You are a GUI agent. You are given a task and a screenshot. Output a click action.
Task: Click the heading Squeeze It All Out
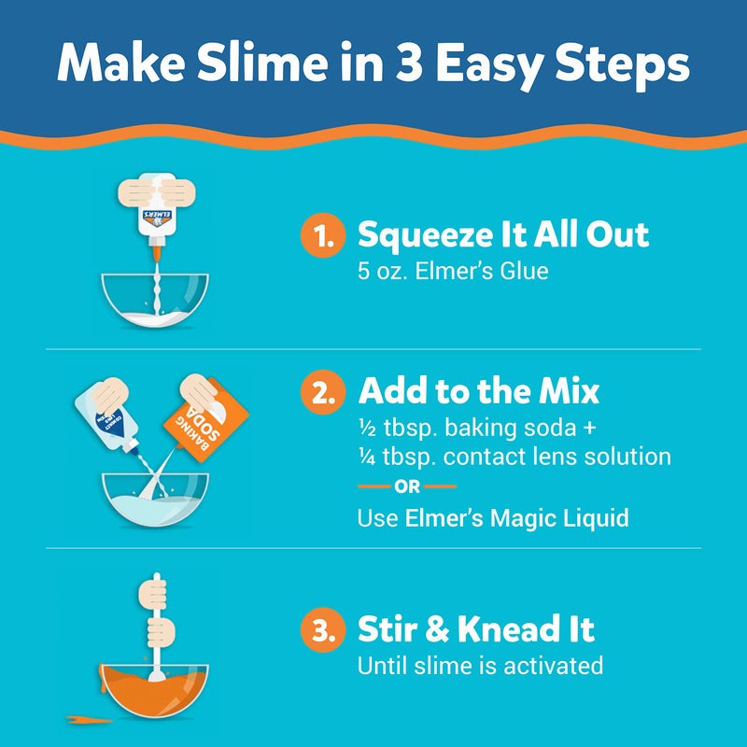click(503, 236)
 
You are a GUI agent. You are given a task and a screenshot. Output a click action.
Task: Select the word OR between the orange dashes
click(407, 486)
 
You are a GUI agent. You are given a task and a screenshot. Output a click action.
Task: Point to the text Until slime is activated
click(480, 666)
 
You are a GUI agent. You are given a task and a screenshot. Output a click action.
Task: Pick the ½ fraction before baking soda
click(365, 429)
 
